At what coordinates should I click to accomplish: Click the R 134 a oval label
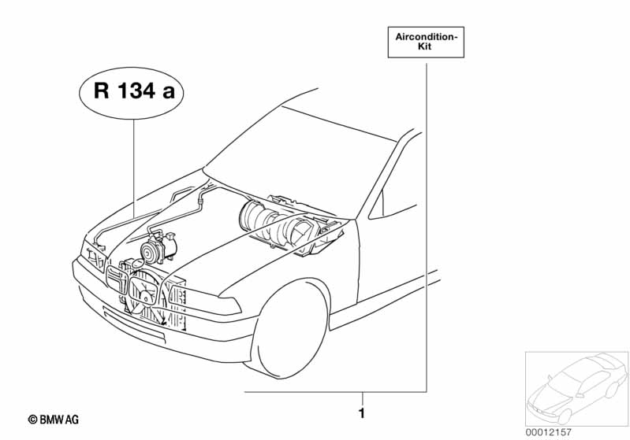131,93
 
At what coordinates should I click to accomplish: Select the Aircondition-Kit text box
426,43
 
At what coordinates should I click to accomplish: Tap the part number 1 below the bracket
362,413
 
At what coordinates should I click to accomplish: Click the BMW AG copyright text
54,420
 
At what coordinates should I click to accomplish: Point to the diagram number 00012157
549,432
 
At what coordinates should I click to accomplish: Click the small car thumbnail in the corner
576,389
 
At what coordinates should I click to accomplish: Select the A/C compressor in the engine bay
158,246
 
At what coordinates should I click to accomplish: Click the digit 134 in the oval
136,90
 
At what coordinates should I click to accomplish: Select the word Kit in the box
425,46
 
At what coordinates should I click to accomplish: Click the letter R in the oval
101,91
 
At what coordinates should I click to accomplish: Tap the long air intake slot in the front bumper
134,325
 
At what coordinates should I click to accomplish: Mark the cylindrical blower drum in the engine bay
257,216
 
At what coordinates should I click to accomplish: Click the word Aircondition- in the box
427,37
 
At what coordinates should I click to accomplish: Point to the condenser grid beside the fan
177,304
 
